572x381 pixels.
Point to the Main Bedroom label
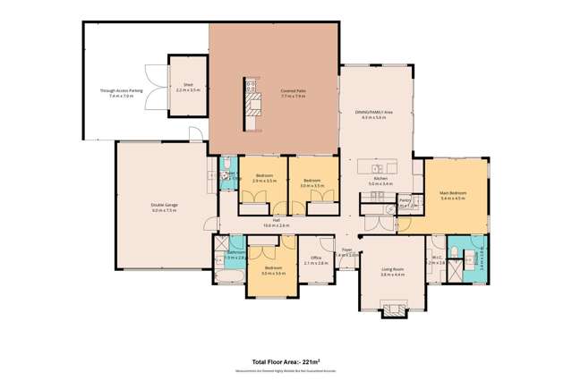click(454, 195)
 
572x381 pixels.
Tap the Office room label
click(312, 260)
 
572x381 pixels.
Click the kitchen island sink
click(378, 168)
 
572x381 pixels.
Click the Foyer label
click(346, 251)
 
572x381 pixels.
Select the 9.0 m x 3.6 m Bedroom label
click(269, 270)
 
